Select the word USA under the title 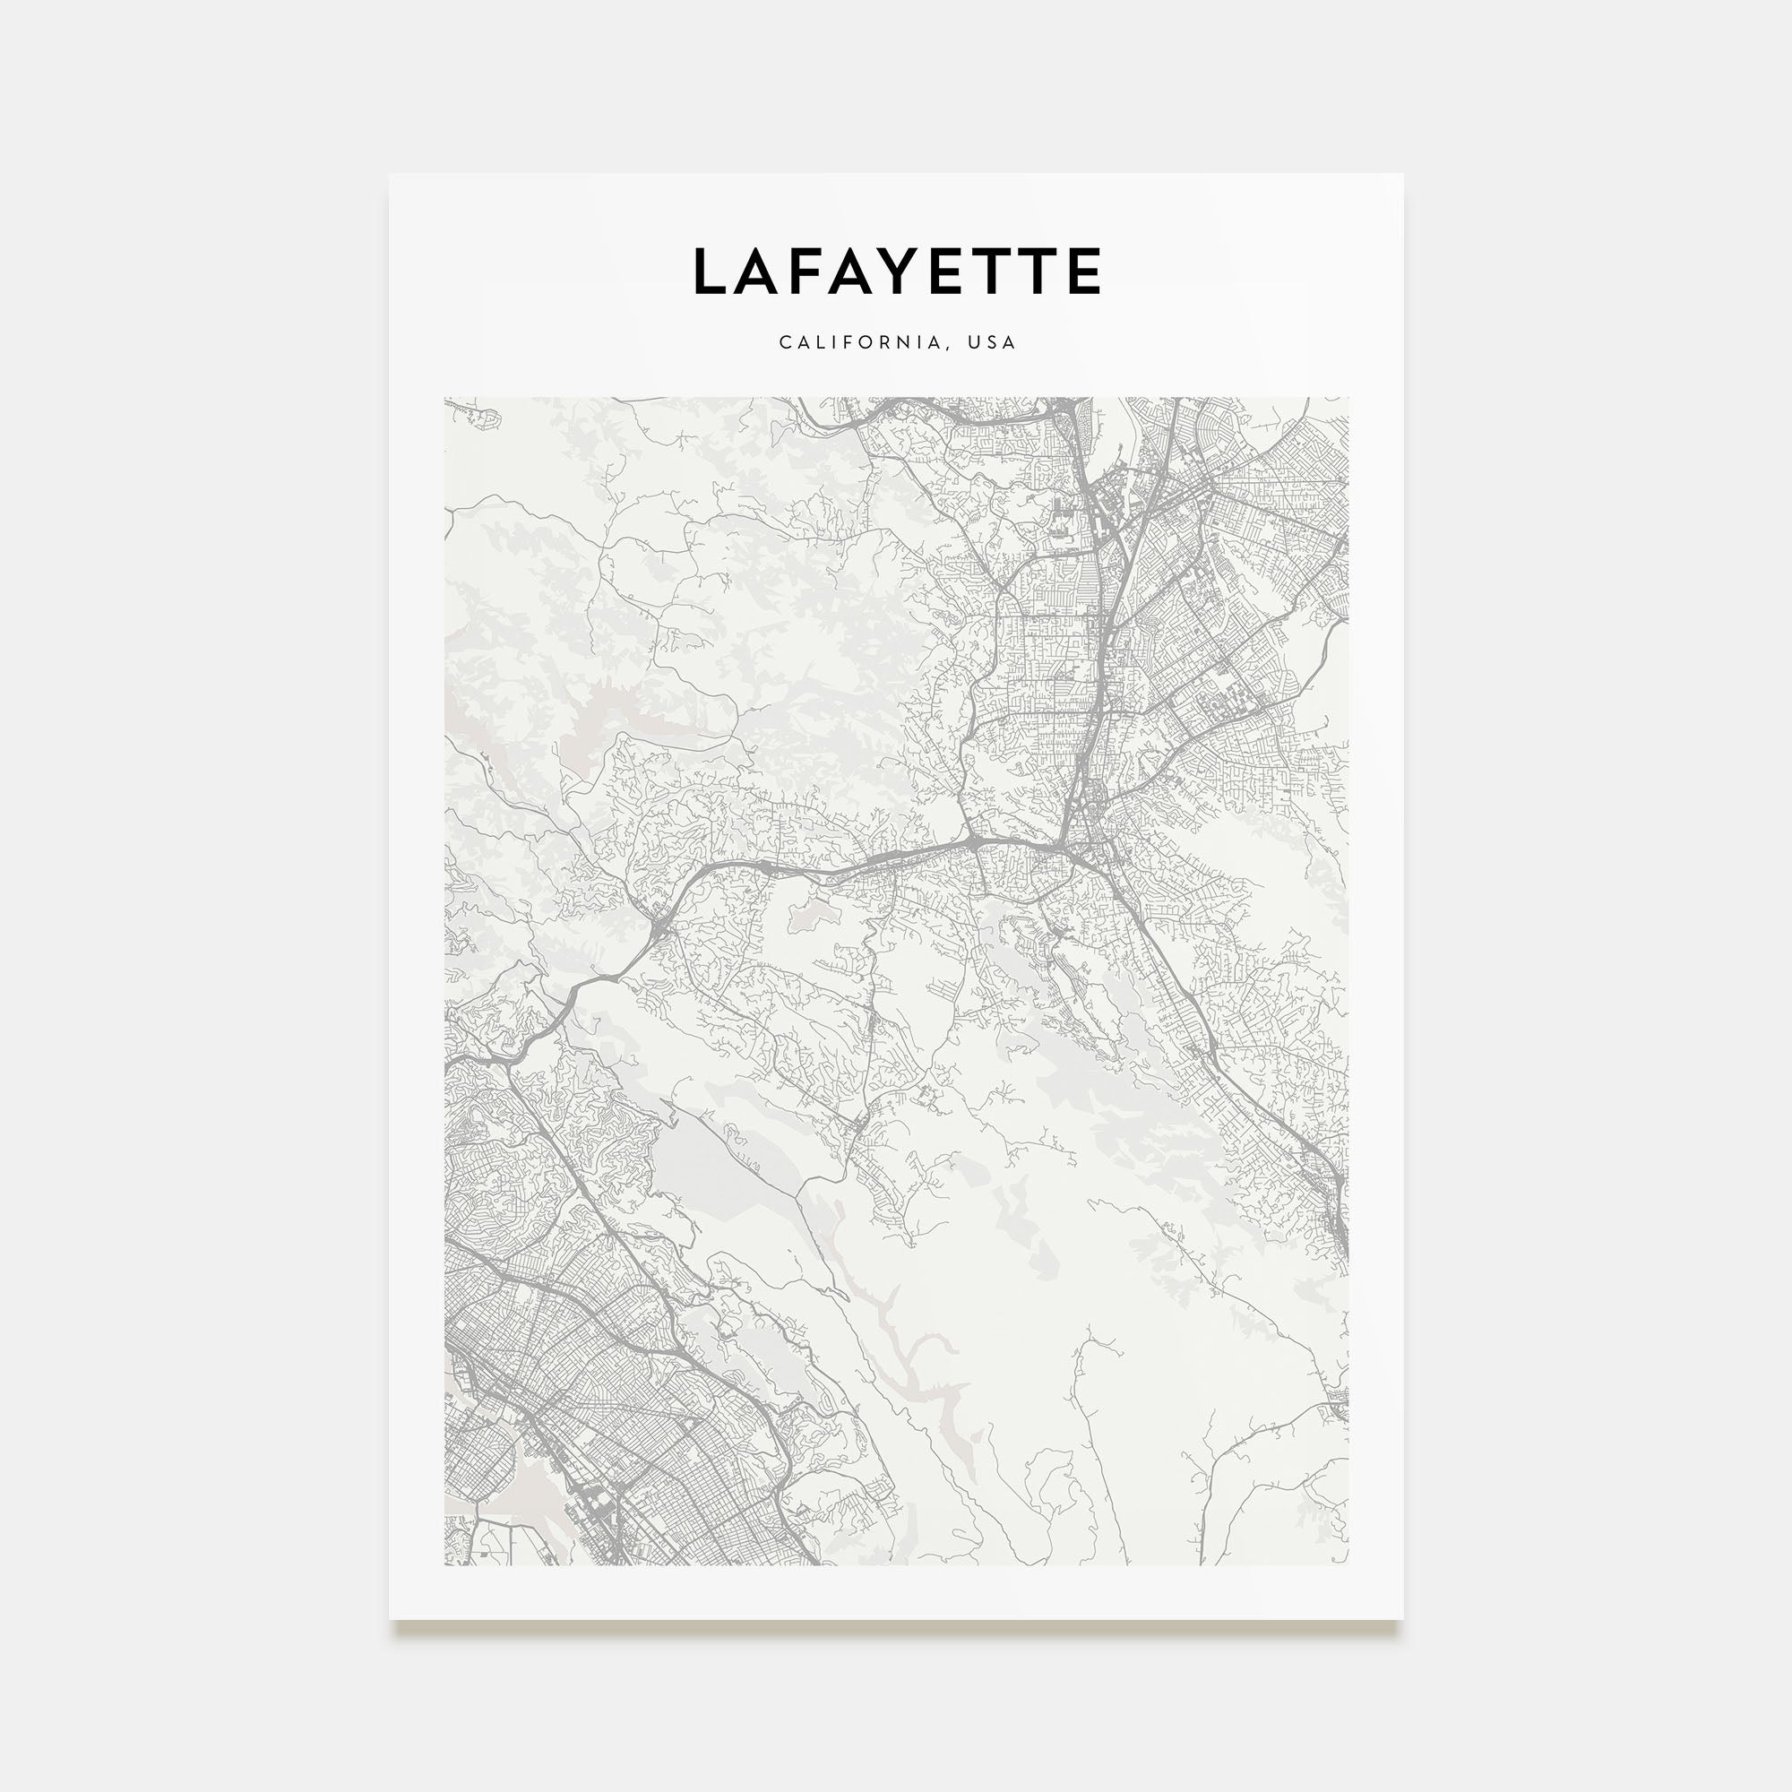point(993,342)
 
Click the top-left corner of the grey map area point(445,399)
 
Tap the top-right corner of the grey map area point(1348,399)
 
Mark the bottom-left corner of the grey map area point(445,1564)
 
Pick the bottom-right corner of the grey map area point(1348,1564)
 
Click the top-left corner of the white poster point(390,175)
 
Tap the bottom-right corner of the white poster point(1402,1619)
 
